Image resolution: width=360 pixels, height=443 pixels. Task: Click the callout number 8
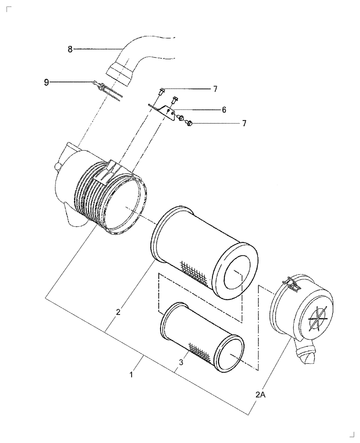[x=70, y=49]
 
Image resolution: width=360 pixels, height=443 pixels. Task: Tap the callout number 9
[x=47, y=82]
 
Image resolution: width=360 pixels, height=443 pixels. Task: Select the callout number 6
[x=224, y=109]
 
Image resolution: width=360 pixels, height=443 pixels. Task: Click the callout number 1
[x=131, y=375]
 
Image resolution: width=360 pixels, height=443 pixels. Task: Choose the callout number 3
[x=180, y=362]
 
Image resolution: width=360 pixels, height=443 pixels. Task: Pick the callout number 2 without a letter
[x=118, y=312]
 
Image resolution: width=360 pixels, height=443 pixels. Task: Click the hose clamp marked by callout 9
[x=106, y=87]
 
